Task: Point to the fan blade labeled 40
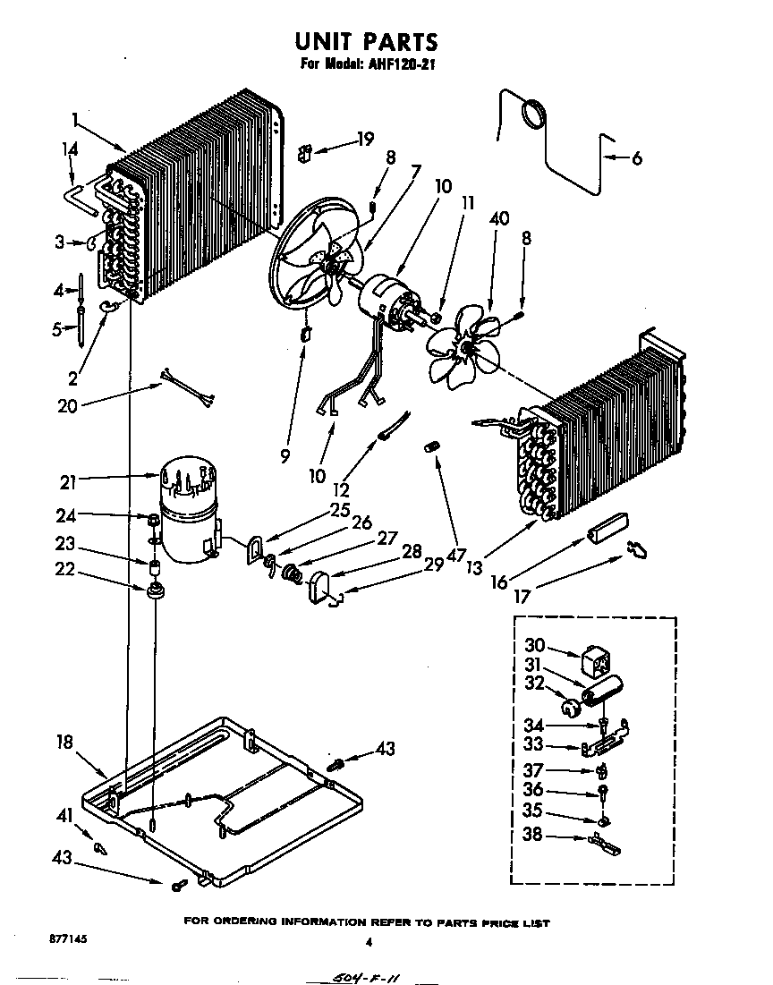460,341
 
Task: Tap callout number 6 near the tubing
636,159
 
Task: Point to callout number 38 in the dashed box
534,837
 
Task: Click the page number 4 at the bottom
368,941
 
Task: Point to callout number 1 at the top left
76,117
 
